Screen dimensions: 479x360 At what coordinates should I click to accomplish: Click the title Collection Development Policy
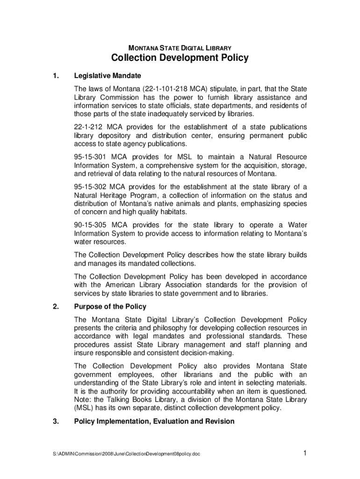point(180,58)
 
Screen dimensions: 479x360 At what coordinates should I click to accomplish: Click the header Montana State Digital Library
point(180,47)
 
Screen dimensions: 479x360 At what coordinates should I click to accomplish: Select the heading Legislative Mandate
point(108,76)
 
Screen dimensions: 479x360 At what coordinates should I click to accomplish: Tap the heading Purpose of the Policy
point(110,307)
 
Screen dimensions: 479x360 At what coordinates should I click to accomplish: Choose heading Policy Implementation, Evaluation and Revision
point(154,421)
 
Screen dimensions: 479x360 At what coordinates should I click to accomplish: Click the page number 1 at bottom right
point(304,453)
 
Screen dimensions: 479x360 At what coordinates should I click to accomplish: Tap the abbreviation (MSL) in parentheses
point(85,408)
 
